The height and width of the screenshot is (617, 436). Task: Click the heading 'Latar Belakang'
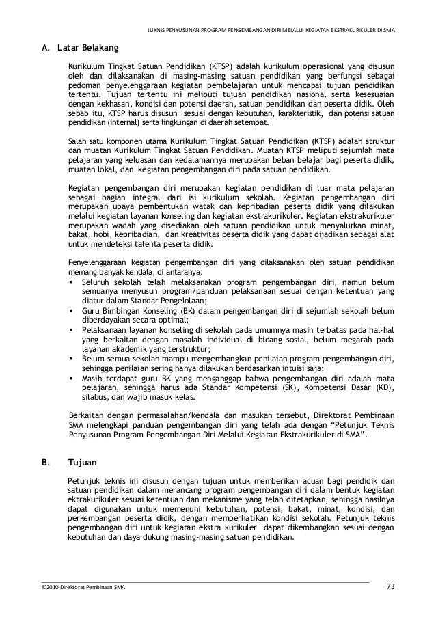click(x=85, y=49)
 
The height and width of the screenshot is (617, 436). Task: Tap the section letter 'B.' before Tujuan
click(x=46, y=462)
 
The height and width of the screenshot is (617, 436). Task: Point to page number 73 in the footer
click(x=390, y=586)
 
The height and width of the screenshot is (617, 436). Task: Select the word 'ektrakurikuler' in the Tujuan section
click(x=92, y=499)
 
